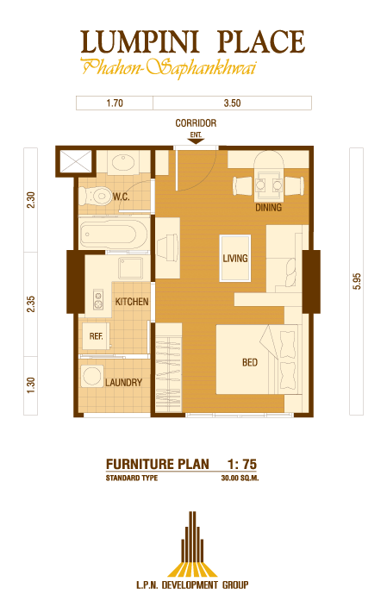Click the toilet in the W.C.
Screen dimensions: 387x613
click(95, 196)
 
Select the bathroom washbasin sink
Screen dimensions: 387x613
click(123, 162)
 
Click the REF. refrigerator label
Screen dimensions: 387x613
click(97, 336)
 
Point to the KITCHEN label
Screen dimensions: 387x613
click(132, 302)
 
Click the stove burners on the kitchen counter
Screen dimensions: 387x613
click(98, 299)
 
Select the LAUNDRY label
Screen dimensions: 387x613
click(123, 382)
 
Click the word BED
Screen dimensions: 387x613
click(250, 362)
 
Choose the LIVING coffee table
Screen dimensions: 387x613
click(235, 258)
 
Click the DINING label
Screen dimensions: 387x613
click(269, 207)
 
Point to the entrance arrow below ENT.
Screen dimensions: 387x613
click(196, 141)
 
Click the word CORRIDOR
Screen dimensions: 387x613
click(196, 123)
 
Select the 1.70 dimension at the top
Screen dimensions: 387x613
click(115, 103)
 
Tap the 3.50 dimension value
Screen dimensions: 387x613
click(232, 103)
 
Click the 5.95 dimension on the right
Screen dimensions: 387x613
click(357, 281)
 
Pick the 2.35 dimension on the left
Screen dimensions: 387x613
click(31, 304)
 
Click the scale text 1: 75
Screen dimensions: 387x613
click(242, 464)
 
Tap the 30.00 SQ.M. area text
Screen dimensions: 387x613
click(240, 478)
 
